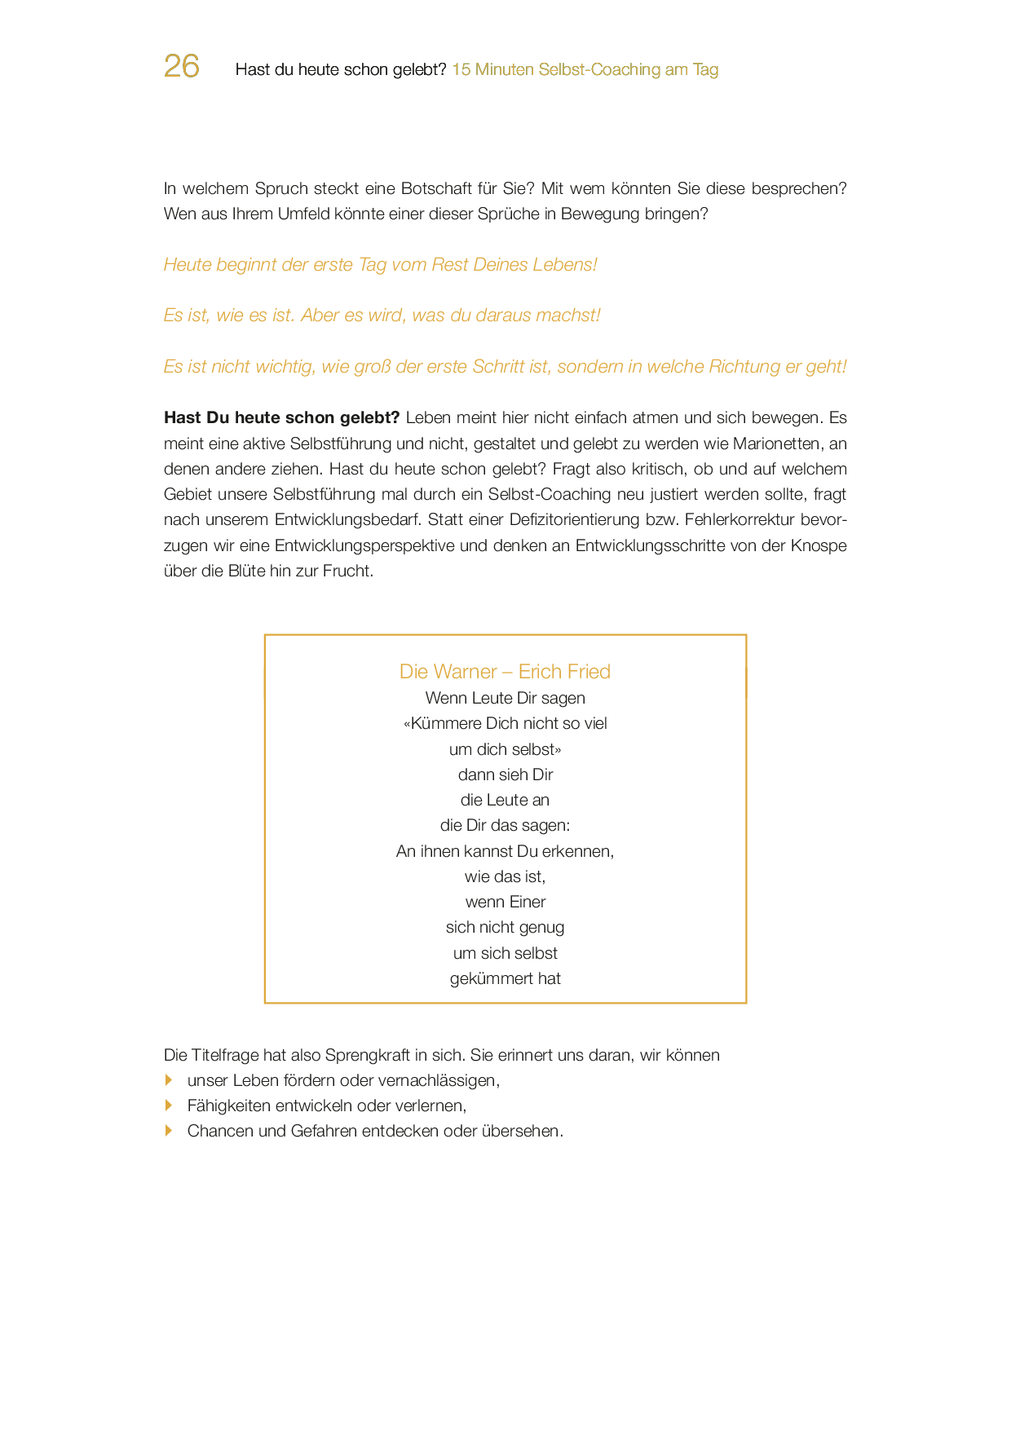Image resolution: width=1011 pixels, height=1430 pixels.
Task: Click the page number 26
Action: pos(181,66)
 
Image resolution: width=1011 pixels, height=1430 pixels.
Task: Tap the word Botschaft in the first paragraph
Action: pos(434,188)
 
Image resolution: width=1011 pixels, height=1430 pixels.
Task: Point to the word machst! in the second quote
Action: pos(568,316)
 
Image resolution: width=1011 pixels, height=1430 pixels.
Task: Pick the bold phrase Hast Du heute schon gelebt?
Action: pos(281,417)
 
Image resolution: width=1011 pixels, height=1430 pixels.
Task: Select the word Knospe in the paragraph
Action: pos(819,545)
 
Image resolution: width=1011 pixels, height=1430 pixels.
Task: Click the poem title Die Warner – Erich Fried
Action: pos(505,671)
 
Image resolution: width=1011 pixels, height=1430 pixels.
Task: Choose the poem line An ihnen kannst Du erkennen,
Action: pos(505,851)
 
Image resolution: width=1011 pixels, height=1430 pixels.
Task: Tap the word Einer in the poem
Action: pos(528,902)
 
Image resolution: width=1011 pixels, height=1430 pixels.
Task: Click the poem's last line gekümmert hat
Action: pos(505,978)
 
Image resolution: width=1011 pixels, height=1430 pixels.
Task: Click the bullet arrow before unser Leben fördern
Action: pos(169,1079)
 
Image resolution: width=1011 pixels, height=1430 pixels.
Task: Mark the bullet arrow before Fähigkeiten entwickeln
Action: pos(169,1106)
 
